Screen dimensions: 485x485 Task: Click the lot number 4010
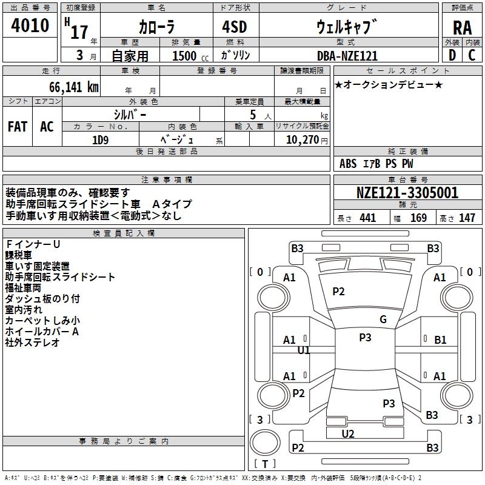tap(30, 26)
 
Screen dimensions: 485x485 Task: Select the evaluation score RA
tap(462, 28)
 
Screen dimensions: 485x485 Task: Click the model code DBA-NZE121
tap(347, 56)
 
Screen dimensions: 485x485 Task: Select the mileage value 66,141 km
tap(69, 87)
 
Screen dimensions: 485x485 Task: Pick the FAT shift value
tap(18, 127)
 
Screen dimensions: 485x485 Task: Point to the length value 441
tap(367, 218)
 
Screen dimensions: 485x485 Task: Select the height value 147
tap(467, 218)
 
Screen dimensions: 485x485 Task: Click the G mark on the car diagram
tap(383, 319)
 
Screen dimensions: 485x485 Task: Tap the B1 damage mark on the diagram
tap(440, 340)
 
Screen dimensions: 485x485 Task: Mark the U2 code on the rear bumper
tap(348, 433)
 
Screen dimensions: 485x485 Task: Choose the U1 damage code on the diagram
tap(304, 350)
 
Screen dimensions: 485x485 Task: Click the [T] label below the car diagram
tap(264, 464)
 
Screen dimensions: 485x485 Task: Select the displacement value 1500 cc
tap(187, 56)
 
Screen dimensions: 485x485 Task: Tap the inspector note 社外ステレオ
tap(33, 343)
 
